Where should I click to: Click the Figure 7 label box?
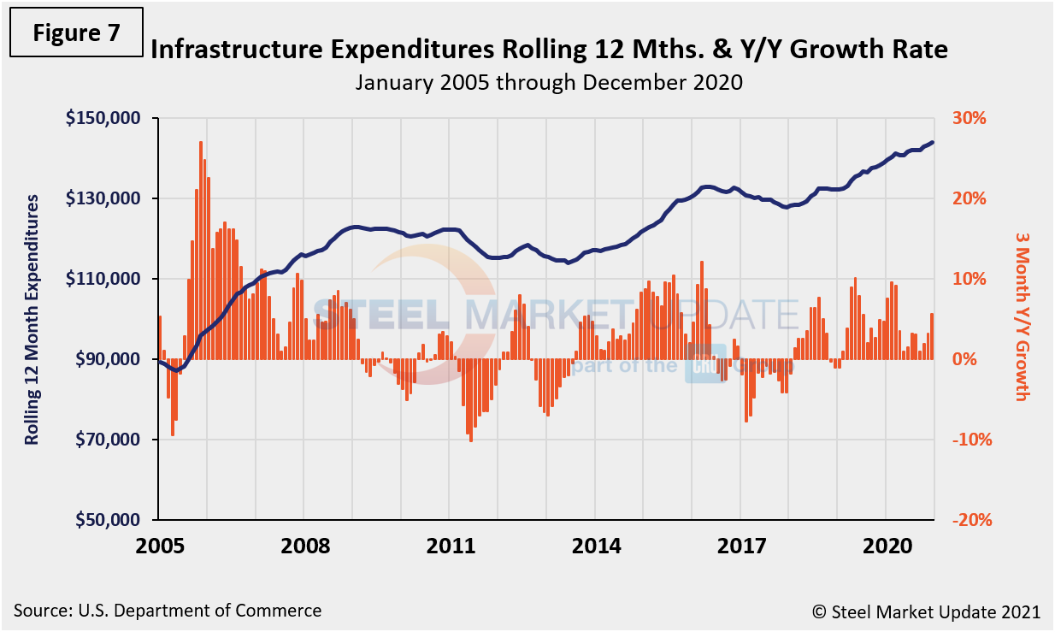tap(75, 33)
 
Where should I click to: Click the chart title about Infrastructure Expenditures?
tap(548, 50)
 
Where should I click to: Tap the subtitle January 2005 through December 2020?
tap(548, 83)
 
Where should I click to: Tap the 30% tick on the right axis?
tap(969, 118)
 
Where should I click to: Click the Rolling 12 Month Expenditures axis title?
tap(32, 319)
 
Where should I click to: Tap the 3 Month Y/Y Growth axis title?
tap(1022, 315)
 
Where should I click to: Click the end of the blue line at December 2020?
tap(932, 143)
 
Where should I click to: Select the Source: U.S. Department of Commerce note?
tap(168, 611)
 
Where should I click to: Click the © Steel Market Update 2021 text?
tap(926, 611)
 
